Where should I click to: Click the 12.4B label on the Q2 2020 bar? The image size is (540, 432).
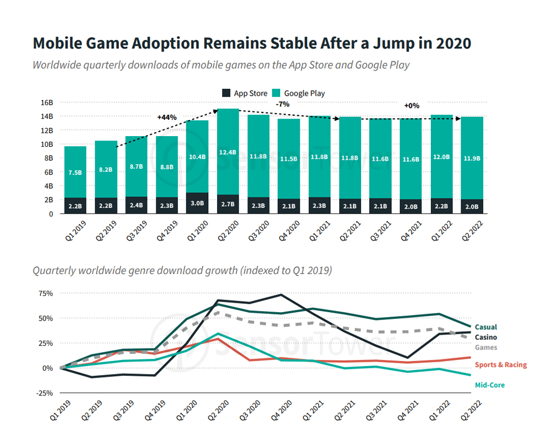228,152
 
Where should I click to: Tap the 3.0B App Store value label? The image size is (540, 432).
197,203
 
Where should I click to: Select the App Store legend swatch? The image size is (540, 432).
226,93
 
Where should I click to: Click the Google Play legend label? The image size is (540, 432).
304,93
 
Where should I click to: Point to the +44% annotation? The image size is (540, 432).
167,118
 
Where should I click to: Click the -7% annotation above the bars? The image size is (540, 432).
283,104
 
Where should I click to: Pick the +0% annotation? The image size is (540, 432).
412,106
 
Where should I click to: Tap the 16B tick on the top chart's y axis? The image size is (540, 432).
47,103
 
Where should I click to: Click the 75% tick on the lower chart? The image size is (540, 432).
46,294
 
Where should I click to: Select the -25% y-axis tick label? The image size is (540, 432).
45,393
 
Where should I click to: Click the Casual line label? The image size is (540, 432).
486,327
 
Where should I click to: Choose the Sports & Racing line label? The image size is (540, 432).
501,364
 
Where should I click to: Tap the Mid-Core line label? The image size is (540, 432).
490,385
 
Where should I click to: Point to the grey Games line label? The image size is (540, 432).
486,347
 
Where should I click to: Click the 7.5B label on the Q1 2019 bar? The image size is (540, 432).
75,173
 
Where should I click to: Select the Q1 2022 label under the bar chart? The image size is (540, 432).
441,231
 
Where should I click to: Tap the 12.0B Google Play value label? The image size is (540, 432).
441,157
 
